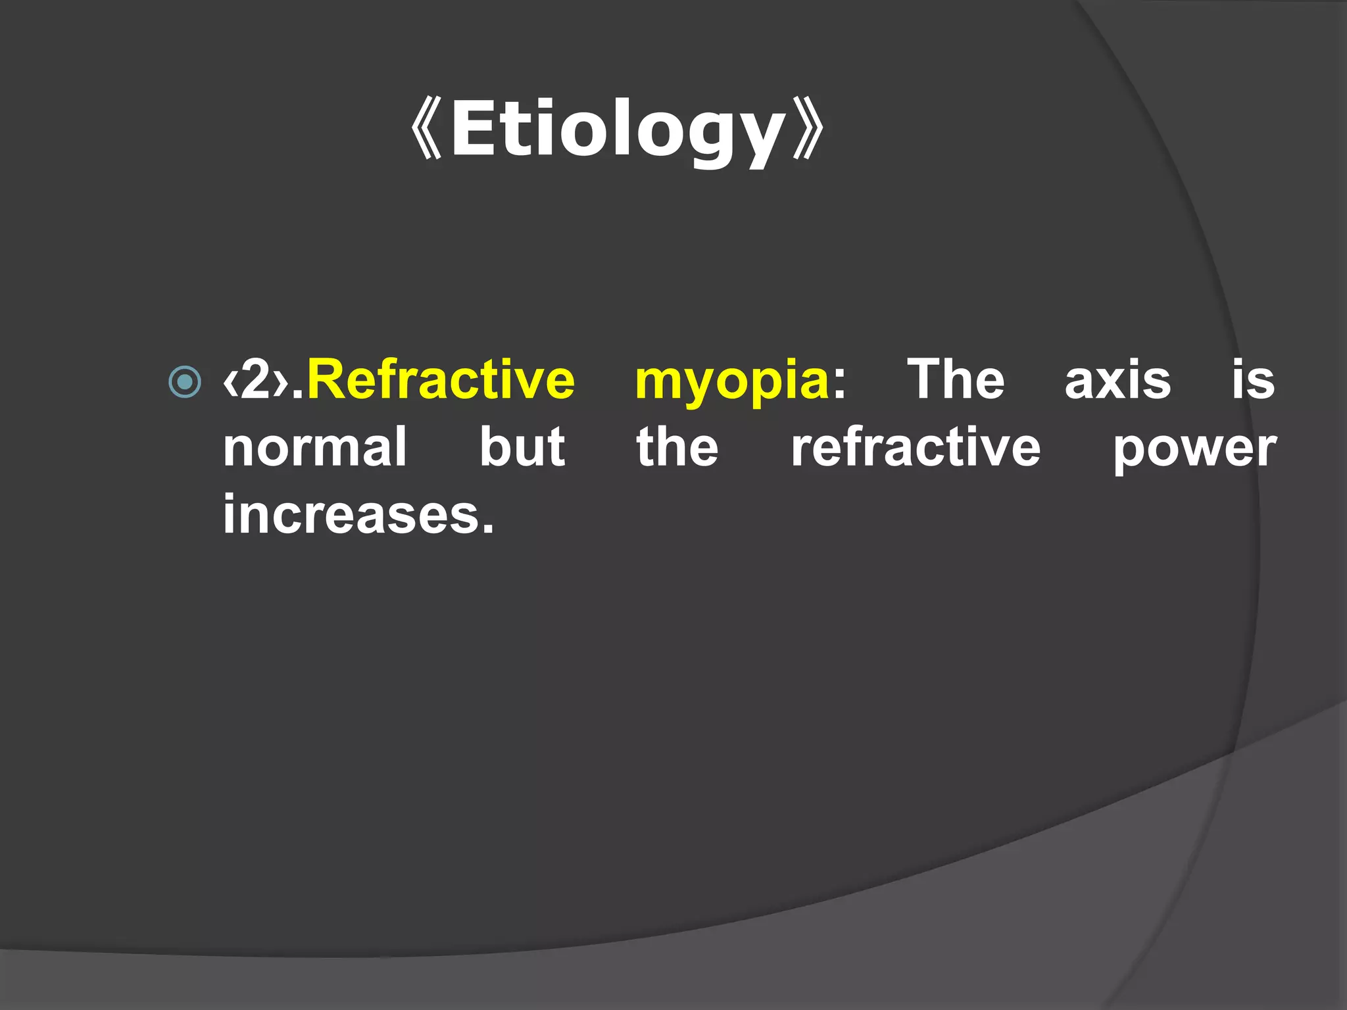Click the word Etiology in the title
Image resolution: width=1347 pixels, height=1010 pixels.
coord(618,129)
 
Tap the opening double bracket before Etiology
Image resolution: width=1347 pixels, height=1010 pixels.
coord(426,129)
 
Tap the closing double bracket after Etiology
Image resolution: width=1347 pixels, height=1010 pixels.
coord(808,129)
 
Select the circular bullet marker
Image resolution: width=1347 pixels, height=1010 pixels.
coord(185,381)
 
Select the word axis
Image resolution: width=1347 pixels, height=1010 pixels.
coord(1117,381)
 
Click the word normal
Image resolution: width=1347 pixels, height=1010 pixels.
coord(315,447)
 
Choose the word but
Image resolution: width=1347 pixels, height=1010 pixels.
coord(522,447)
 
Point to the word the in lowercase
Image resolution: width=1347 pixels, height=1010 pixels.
coord(677,447)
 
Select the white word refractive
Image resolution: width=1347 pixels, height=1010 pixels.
coord(916,447)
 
